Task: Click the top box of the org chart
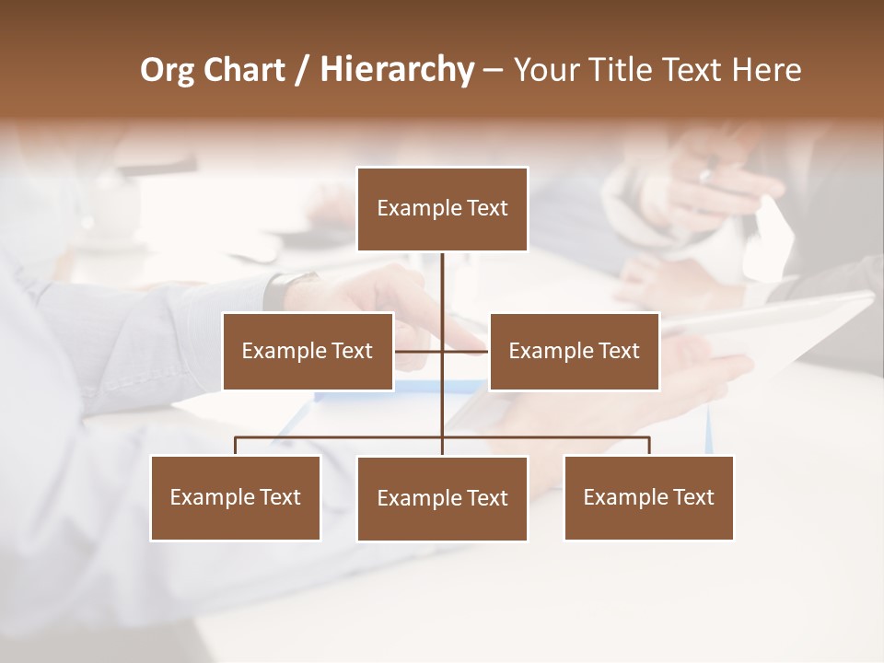point(442,209)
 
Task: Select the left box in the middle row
point(308,351)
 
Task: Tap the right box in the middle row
point(574,351)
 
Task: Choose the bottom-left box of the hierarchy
point(236,497)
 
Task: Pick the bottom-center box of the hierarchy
point(442,498)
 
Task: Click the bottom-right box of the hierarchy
point(648,497)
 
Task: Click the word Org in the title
point(168,71)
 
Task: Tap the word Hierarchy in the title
point(396,70)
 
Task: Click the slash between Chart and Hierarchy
point(303,71)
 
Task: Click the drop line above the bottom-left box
point(236,446)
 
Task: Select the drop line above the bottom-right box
point(649,446)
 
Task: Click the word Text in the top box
point(487,208)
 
